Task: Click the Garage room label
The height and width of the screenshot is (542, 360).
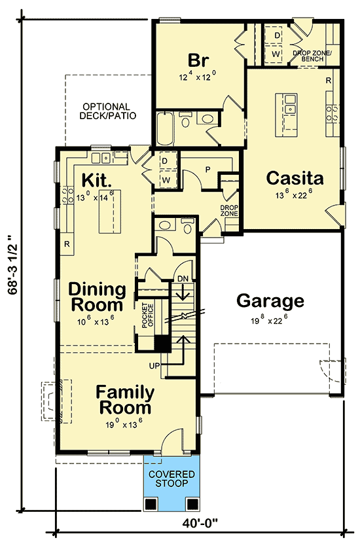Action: coord(270,301)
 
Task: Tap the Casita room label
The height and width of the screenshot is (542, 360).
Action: coord(295,178)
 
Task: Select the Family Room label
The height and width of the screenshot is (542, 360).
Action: coord(125,400)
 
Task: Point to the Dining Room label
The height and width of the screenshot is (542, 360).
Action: coord(97,297)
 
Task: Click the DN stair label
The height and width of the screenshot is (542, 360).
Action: coord(183,280)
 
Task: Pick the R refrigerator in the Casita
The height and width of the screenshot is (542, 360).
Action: coord(328,80)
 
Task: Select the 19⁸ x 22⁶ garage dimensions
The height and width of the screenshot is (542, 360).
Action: coord(270,321)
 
